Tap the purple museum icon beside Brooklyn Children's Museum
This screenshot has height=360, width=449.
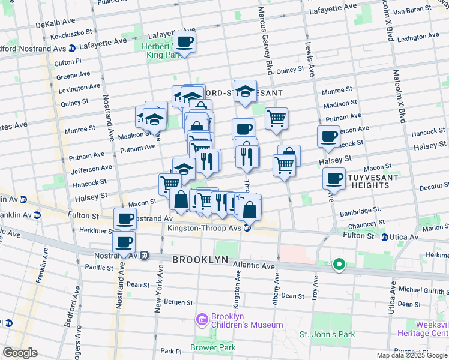tap(203, 320)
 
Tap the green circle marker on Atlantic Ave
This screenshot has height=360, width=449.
tap(339, 264)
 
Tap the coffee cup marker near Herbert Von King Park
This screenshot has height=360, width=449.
tap(185, 42)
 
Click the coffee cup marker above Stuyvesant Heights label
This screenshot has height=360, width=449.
tap(334, 178)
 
